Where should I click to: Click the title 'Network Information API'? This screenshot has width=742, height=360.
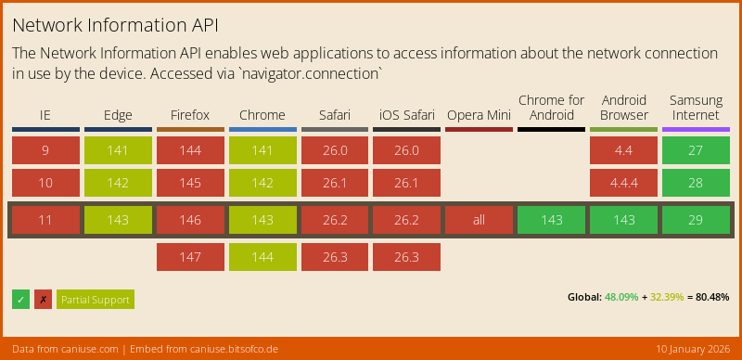click(x=116, y=22)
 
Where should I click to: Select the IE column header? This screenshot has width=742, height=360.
click(x=45, y=116)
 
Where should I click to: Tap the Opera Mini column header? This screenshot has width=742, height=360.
click(x=479, y=116)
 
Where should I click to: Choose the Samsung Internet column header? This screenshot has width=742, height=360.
click(x=696, y=108)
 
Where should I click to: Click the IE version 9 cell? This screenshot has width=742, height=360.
click(x=45, y=150)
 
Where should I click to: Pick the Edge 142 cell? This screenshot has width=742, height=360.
click(x=118, y=183)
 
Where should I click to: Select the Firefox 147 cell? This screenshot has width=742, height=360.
click(x=190, y=257)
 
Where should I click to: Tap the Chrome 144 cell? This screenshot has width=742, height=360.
click(x=262, y=257)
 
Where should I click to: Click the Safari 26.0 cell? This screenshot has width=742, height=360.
click(x=334, y=150)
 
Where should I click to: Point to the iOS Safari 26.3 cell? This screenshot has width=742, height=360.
click(x=406, y=257)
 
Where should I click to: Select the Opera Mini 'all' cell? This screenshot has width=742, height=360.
click(x=479, y=220)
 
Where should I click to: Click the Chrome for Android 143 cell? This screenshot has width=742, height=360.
click(x=551, y=220)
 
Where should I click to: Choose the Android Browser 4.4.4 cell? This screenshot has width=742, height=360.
click(x=623, y=183)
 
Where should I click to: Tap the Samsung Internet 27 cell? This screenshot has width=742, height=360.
click(x=696, y=150)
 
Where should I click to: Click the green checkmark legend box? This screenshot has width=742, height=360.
click(x=20, y=299)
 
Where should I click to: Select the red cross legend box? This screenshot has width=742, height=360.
click(x=43, y=299)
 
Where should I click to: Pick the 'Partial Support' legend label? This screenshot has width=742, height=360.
click(x=96, y=299)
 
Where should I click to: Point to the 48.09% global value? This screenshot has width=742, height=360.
click(x=621, y=298)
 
